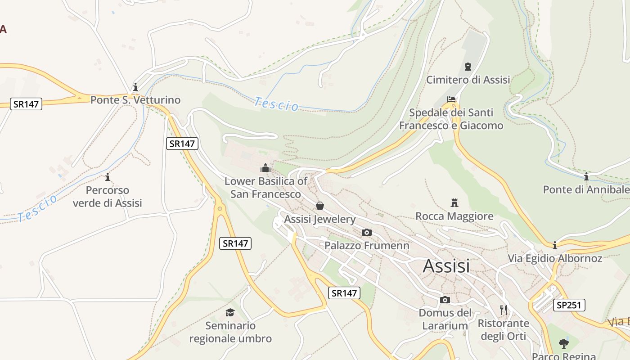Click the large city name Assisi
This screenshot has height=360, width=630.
tap(446, 266)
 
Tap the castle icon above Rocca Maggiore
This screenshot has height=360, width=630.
tap(454, 203)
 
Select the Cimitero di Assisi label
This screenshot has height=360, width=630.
tap(468, 80)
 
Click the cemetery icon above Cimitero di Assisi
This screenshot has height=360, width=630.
tap(468, 67)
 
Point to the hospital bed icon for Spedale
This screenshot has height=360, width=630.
tap(451, 99)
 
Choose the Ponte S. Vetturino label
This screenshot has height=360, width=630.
tap(135, 100)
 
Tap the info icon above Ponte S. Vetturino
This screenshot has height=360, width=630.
tap(135, 87)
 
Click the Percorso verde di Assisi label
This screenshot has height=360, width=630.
tap(107, 197)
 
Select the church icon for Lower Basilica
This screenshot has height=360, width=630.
tap(265, 168)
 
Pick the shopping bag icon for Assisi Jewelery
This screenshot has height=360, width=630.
tap(319, 206)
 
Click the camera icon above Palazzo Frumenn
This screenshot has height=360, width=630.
tap(367, 232)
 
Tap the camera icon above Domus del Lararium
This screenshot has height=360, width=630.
tap(445, 300)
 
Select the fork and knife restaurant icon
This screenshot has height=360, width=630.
tap(504, 310)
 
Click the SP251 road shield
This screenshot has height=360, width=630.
tap(569, 305)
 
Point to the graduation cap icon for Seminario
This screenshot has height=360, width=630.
tap(230, 312)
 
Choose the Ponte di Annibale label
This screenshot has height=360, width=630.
tap(586, 189)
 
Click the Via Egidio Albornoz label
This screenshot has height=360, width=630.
tap(555, 258)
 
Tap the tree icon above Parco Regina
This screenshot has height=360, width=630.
tap(563, 344)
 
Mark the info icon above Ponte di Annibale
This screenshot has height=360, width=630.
tap(586, 176)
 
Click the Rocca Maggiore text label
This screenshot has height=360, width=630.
tap(454, 216)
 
